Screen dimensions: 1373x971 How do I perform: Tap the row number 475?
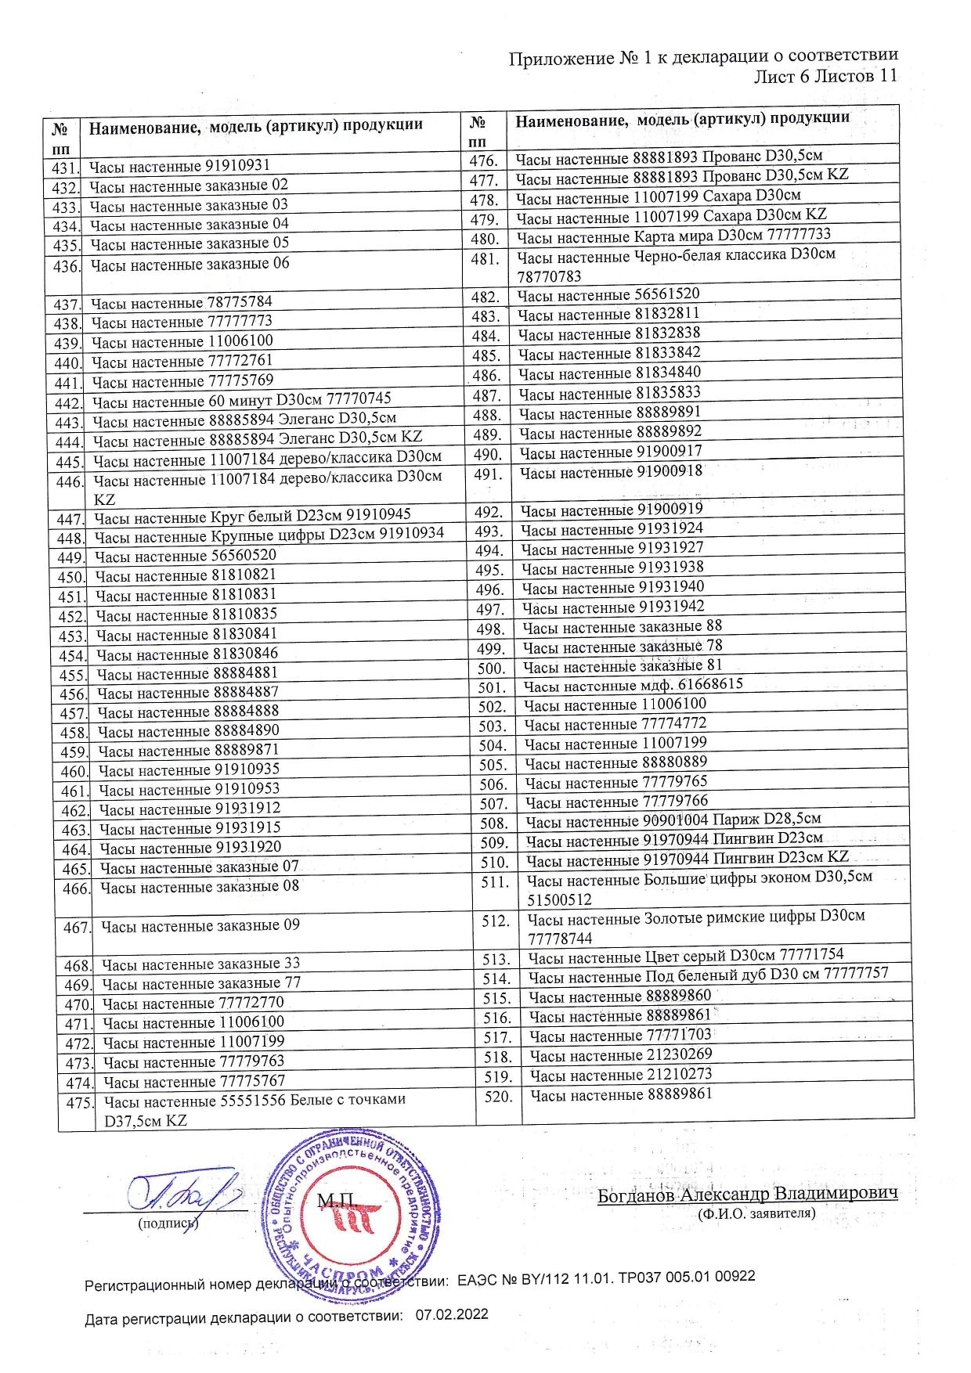click(x=79, y=1103)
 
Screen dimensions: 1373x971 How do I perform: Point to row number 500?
click(x=492, y=668)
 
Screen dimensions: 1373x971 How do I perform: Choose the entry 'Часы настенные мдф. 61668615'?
click(x=633, y=685)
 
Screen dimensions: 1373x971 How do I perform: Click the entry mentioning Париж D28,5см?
click(x=673, y=820)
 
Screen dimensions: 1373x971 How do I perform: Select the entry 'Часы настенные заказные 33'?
click(x=200, y=964)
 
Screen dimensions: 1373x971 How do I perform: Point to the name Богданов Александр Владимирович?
click(x=747, y=1194)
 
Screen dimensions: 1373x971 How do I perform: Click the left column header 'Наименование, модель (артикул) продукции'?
click(x=255, y=125)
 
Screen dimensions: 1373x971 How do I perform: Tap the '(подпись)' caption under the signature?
click(x=168, y=1223)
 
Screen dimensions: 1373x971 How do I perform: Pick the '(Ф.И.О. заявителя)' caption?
click(x=756, y=1214)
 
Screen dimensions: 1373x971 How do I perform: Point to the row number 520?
click(x=498, y=1096)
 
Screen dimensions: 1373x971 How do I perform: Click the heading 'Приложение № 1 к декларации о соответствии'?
click(x=702, y=56)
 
